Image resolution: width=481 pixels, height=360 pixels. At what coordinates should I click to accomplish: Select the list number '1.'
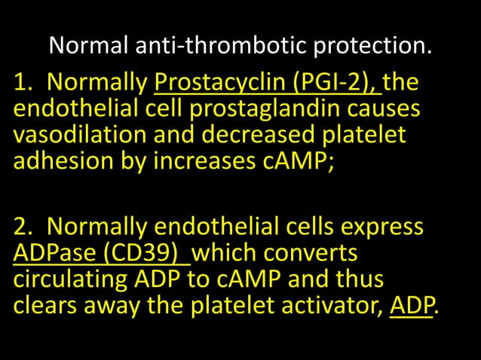(x=22, y=81)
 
